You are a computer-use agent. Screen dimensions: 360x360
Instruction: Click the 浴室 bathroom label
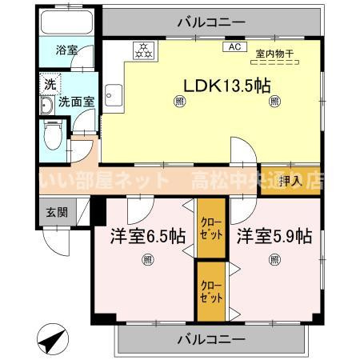point(66,50)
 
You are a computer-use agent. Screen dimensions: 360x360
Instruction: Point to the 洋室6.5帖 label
point(147,236)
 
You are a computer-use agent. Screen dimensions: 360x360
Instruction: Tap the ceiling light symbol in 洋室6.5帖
point(147,259)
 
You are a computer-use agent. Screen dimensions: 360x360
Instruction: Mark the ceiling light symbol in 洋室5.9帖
point(274,258)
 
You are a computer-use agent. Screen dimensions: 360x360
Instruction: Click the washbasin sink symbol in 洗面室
point(46,105)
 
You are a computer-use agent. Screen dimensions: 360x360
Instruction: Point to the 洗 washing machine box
point(48,83)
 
